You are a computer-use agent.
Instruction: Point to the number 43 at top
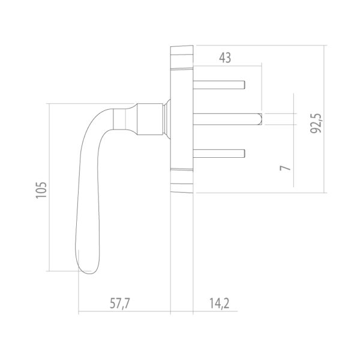coord(225,58)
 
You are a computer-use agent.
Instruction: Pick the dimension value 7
coord(287,166)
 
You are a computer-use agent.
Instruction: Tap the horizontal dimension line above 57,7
coord(125,312)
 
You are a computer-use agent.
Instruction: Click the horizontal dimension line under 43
coord(228,66)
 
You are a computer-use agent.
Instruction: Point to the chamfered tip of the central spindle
coord(260,118)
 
